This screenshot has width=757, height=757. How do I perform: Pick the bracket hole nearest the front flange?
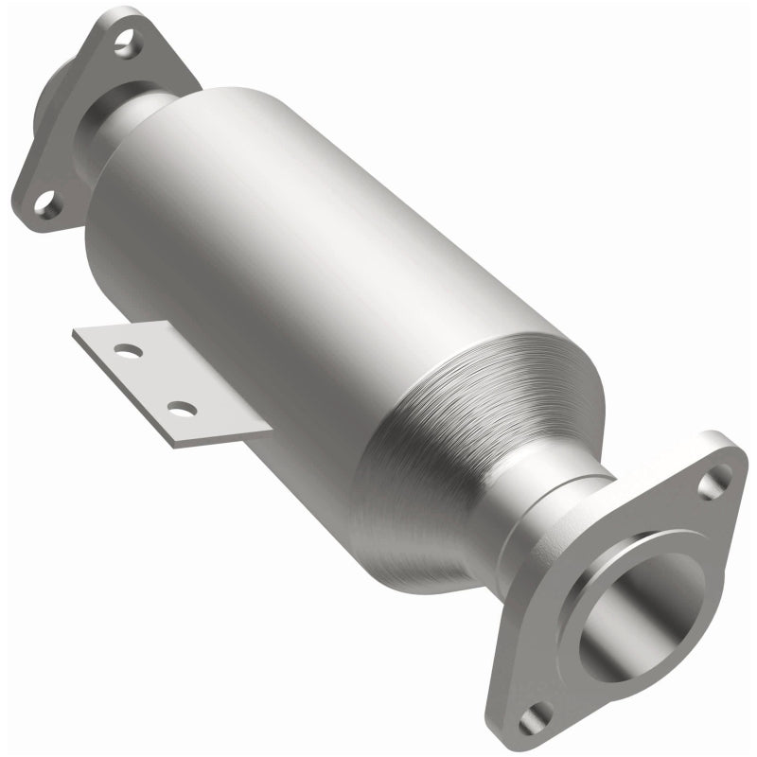point(181,410)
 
